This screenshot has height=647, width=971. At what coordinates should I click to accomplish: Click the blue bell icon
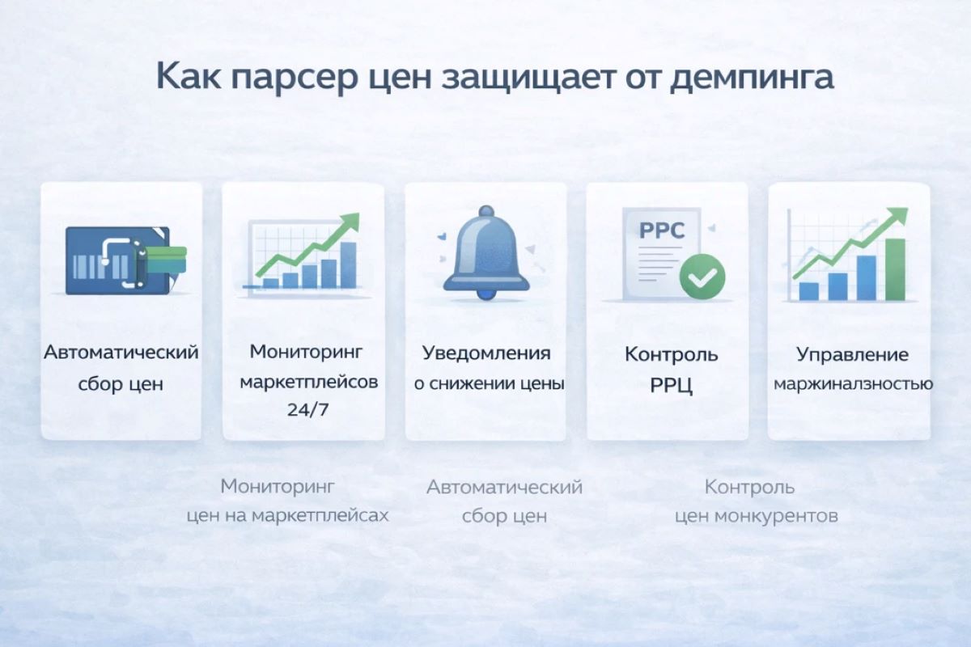tap(485, 251)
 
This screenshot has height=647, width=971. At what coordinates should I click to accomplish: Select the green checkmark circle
tap(702, 276)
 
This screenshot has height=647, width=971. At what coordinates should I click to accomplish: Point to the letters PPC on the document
tap(662, 230)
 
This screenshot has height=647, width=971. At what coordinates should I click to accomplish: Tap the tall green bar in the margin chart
tap(895, 269)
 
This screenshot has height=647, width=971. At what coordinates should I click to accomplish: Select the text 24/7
tap(303, 410)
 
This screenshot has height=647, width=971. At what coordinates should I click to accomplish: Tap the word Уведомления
tap(486, 353)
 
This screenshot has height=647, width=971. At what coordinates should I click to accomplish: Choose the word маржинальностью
tap(853, 384)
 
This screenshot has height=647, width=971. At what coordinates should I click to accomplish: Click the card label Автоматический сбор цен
tap(121, 368)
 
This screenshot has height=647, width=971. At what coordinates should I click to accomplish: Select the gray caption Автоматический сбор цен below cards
tap(504, 501)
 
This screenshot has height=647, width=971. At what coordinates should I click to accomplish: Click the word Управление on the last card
tap(852, 355)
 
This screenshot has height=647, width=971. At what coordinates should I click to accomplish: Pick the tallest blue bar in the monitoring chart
tap(348, 264)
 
